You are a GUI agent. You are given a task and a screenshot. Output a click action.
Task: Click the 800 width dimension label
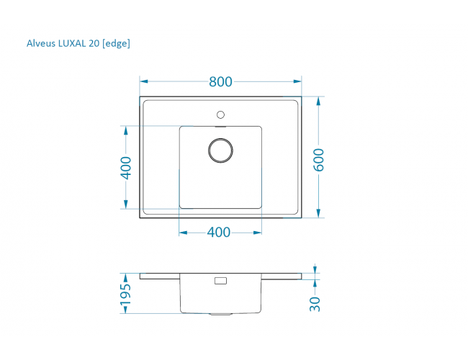[220, 81]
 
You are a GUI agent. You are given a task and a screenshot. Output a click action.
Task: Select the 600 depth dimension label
[318, 160]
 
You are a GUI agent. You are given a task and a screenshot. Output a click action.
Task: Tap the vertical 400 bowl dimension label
[126, 168]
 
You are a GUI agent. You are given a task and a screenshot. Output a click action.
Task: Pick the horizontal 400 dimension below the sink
[218, 233]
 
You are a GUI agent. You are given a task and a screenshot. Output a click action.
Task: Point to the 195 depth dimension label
[125, 294]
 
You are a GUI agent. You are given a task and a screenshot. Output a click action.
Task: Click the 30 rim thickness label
[315, 304]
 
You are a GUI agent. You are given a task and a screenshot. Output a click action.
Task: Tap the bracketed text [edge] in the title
[116, 44]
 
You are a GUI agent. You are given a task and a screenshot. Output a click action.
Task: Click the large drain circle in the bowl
[220, 139]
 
